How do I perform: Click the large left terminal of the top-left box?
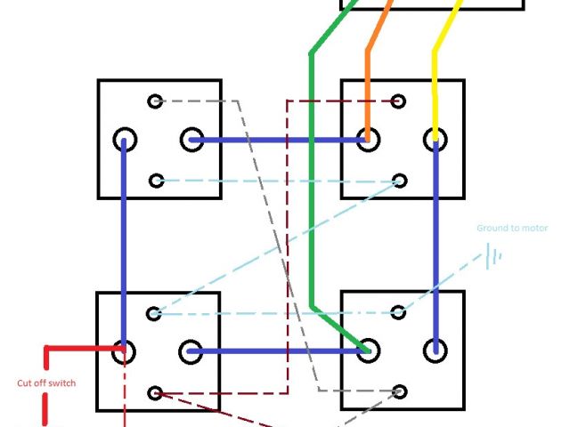(x=125, y=140)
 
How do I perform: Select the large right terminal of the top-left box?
(x=192, y=140)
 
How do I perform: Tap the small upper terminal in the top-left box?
(x=156, y=101)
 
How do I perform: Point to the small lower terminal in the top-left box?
(x=157, y=181)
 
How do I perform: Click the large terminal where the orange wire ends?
(x=366, y=138)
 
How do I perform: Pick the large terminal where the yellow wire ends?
(x=436, y=138)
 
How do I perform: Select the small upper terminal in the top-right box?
(x=399, y=101)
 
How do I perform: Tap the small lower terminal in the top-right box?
(x=399, y=181)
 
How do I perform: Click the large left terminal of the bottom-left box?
(x=125, y=351)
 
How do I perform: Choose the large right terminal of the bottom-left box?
(x=191, y=351)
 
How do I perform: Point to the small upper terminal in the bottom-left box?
(x=154, y=313)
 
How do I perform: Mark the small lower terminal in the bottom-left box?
(x=157, y=391)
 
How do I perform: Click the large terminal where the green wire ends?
(x=366, y=349)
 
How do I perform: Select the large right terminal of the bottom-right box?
(x=436, y=349)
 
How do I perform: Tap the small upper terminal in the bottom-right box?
(x=399, y=312)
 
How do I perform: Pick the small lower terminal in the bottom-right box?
(x=399, y=391)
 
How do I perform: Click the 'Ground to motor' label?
(x=511, y=229)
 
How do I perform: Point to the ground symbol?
(x=493, y=257)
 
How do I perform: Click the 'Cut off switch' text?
(x=46, y=383)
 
